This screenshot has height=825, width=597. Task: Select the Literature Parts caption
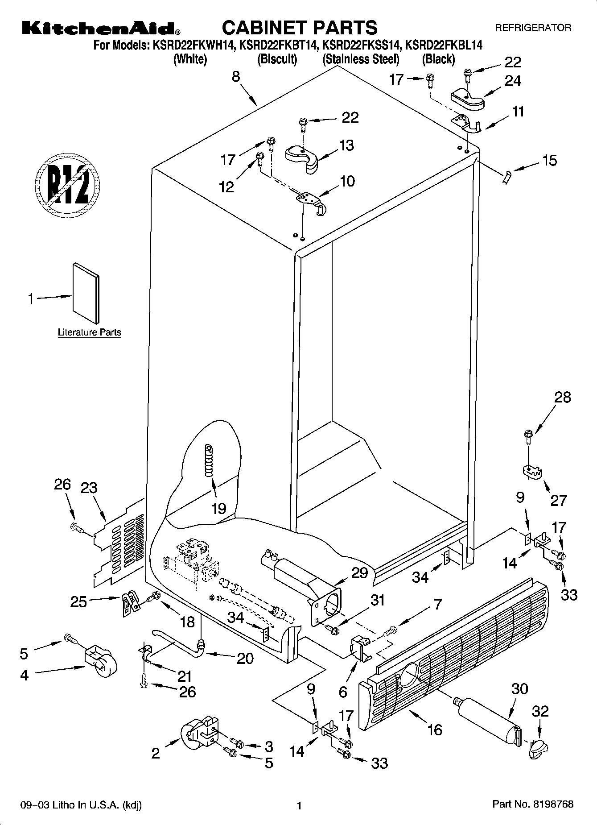click(x=90, y=332)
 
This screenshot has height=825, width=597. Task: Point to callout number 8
click(x=236, y=77)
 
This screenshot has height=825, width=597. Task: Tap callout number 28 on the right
click(x=563, y=397)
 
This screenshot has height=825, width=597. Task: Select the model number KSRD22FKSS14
click(x=360, y=45)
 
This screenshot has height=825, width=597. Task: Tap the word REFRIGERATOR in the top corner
click(x=533, y=28)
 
